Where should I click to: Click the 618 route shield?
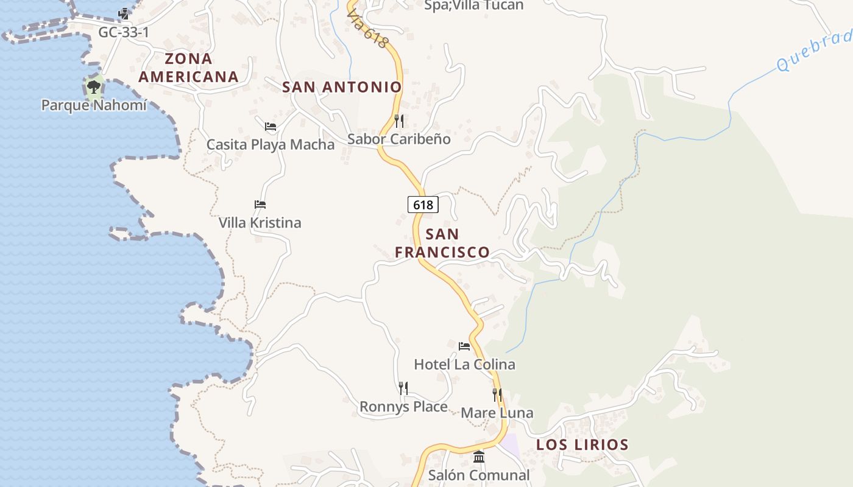tap(423, 205)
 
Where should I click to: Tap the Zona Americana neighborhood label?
tap(188, 68)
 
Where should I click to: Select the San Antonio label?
tap(342, 87)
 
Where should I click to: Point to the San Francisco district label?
tap(442, 243)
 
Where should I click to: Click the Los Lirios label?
tap(582, 444)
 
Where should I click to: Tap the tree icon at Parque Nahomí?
tap(94, 86)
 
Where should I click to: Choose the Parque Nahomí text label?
tap(94, 105)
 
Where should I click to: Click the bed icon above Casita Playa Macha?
tap(271, 127)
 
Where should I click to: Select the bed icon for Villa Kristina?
tap(260, 205)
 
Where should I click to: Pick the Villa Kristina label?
tap(260, 223)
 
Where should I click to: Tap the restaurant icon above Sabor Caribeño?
tap(399, 121)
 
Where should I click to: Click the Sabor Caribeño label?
tap(399, 139)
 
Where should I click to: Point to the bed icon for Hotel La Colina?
tap(464, 346)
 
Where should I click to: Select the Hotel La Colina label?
tap(464, 365)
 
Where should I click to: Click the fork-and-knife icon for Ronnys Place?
tap(403, 388)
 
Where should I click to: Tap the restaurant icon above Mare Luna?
tap(497, 394)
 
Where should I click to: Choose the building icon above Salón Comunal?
tap(479, 457)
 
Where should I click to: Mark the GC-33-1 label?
tap(124, 32)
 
